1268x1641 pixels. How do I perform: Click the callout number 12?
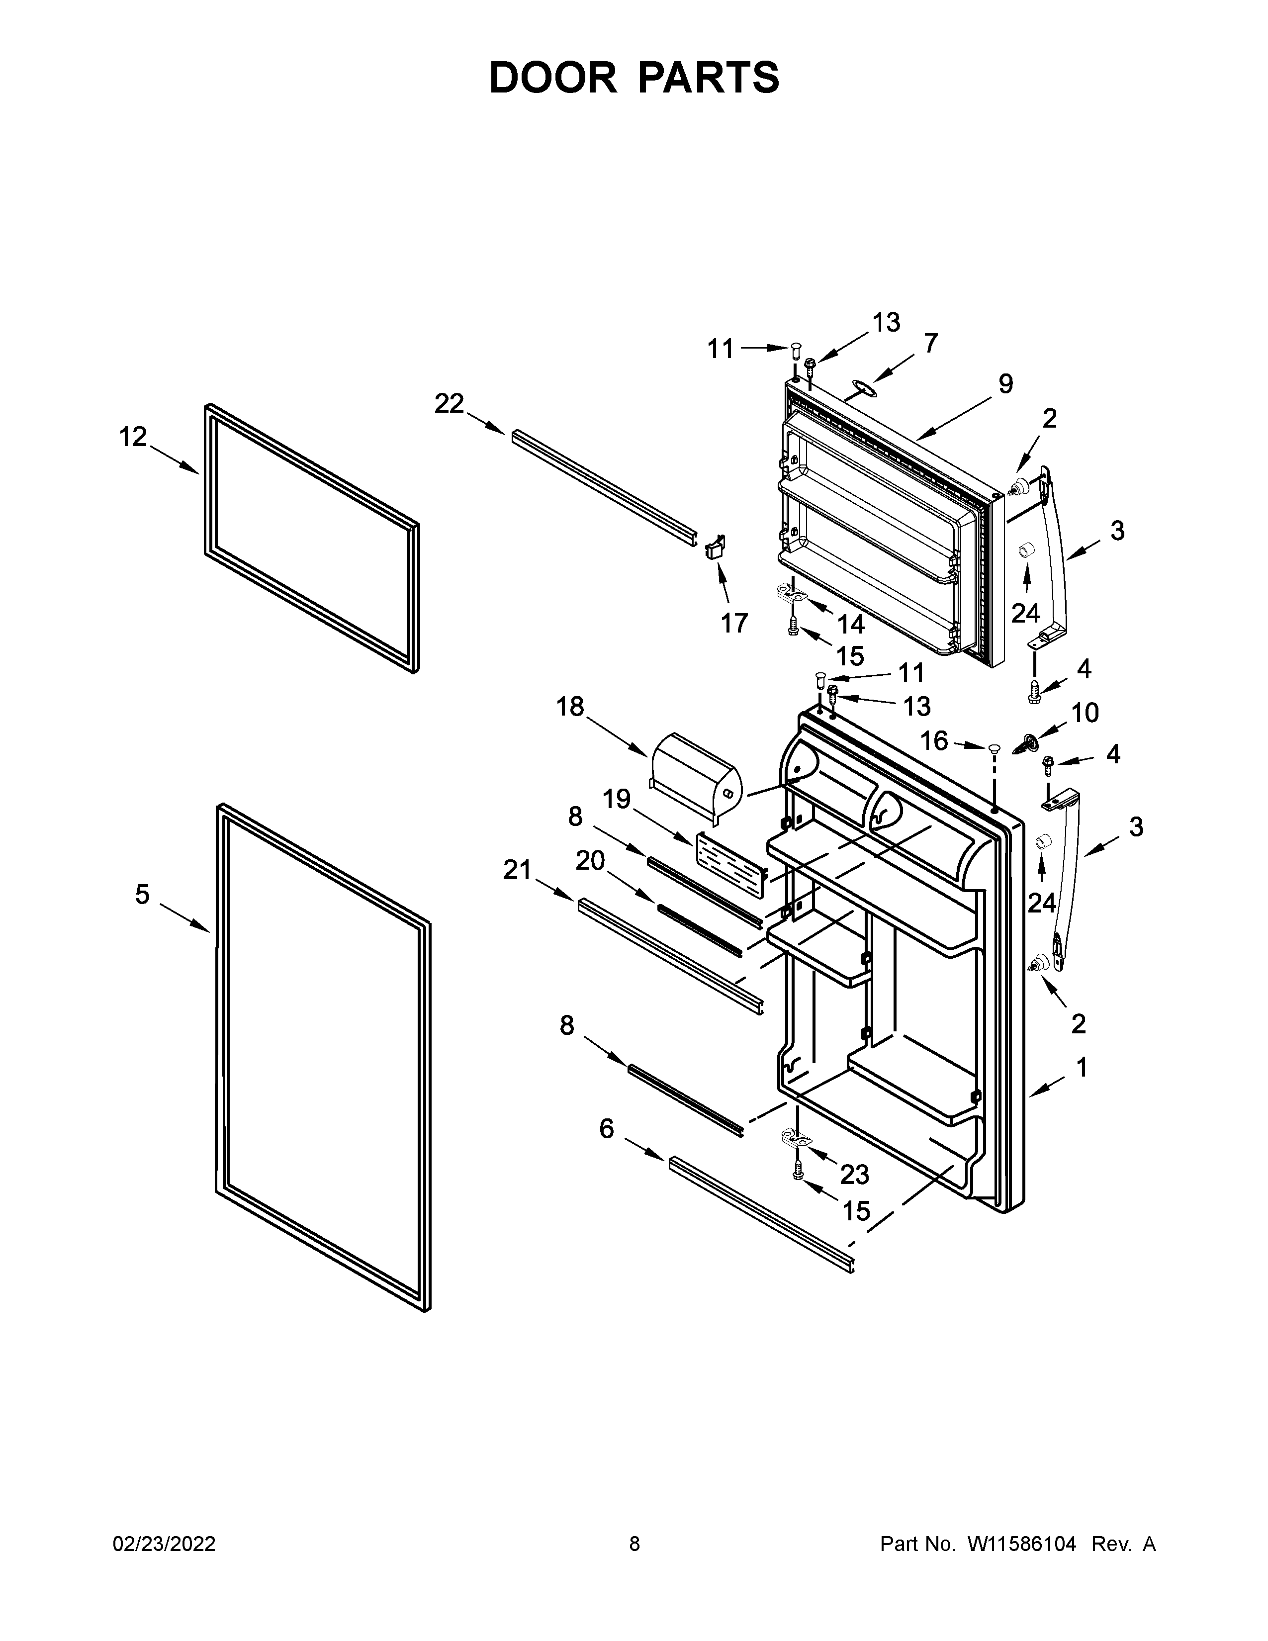pos(133,437)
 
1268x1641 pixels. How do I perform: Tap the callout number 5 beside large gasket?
pos(142,894)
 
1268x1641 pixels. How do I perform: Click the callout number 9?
pos(1005,384)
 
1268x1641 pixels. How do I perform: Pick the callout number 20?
pos(590,860)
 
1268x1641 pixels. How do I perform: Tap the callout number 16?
pos(934,741)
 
